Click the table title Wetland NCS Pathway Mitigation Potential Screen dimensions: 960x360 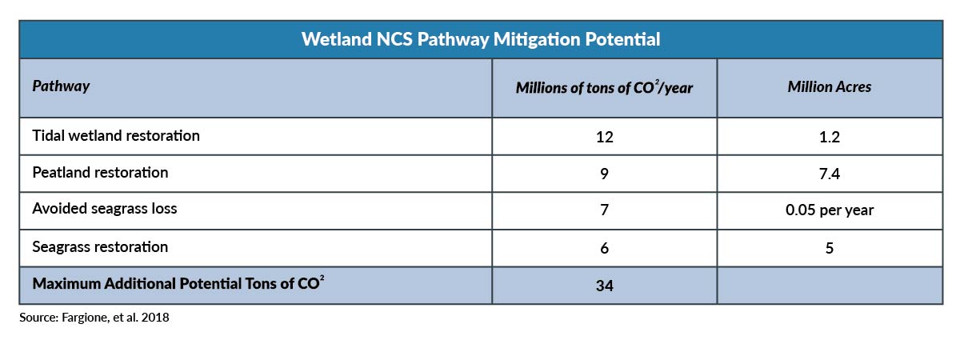click(481, 39)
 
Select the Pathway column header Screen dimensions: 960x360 click(61, 86)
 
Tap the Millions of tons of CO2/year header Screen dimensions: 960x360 click(604, 87)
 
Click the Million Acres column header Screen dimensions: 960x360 click(830, 87)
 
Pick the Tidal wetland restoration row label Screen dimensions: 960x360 click(116, 136)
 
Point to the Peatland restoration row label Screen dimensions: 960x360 click(100, 173)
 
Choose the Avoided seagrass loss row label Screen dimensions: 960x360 click(105, 209)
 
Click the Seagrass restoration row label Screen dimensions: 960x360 click(100, 247)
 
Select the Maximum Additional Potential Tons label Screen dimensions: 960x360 click(178, 283)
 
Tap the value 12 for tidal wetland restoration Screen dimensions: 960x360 click(604, 137)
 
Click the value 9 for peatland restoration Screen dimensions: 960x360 click(604, 174)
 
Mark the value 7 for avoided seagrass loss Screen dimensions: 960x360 click(604, 210)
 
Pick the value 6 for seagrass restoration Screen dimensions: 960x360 click(604, 248)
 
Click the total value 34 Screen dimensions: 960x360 click(604, 286)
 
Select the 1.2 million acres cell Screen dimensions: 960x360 click(830, 137)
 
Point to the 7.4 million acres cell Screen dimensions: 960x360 click(830, 174)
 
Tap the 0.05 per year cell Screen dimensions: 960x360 click(830, 210)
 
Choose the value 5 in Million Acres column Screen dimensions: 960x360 click(830, 248)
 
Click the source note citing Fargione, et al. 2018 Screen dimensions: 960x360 click(94, 318)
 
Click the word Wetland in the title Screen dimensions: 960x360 click(337, 39)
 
